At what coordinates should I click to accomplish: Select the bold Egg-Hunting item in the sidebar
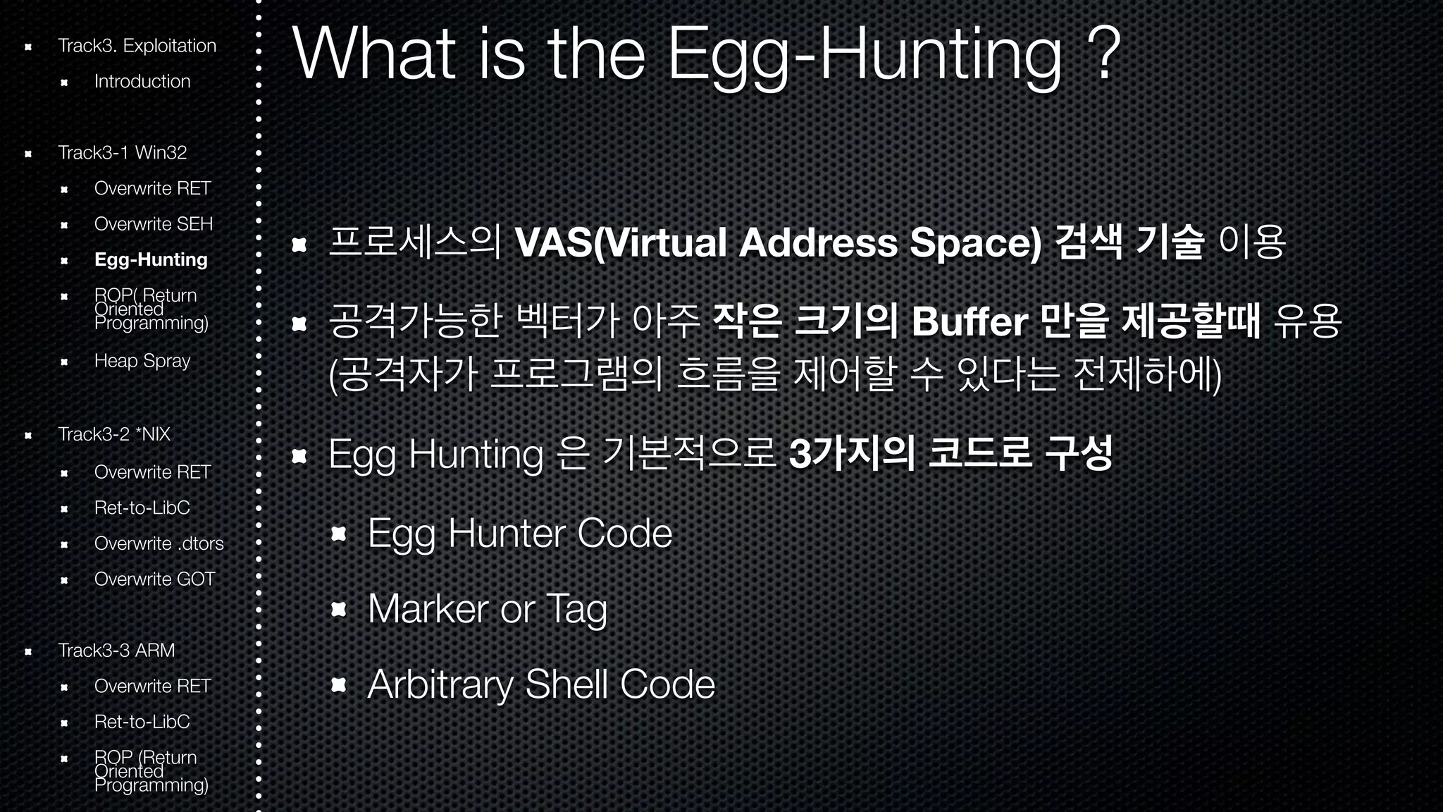point(151,259)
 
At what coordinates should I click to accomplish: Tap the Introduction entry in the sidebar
point(142,81)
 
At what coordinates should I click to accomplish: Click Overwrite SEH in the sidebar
point(154,223)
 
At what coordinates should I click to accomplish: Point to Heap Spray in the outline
point(142,361)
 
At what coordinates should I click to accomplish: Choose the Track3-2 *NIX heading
point(114,434)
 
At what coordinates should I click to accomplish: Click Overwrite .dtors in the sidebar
point(159,543)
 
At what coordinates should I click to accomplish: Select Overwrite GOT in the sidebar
point(154,579)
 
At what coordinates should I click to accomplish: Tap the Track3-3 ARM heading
point(116,650)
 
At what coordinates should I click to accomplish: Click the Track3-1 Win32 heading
point(123,152)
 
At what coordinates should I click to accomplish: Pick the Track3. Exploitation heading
point(137,46)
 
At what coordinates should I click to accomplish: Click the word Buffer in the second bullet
point(969,322)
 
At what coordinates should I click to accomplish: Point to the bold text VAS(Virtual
point(621,242)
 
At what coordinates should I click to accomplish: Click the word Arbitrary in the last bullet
point(440,684)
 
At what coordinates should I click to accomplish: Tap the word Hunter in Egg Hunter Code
point(506,534)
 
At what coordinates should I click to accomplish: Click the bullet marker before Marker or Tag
point(339,609)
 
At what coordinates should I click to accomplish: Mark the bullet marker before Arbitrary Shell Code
point(339,684)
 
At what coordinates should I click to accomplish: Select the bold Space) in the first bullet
point(975,242)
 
